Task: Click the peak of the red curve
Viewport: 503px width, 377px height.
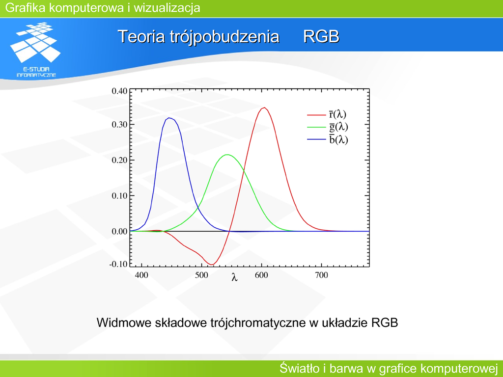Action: point(264,108)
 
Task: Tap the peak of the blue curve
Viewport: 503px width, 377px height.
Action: point(169,118)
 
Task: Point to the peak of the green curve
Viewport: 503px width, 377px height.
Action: point(227,155)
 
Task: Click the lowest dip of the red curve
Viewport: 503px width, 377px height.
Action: point(211,265)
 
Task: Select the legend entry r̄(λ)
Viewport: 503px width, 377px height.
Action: point(327,114)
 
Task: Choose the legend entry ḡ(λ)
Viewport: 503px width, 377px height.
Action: point(328,127)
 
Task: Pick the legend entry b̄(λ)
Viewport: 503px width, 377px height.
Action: point(328,139)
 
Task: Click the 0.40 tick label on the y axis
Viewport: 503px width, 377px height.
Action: point(119,91)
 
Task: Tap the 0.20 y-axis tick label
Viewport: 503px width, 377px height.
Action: point(119,160)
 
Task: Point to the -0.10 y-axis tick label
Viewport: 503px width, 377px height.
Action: point(118,264)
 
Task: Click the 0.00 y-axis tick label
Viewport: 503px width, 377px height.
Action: point(119,231)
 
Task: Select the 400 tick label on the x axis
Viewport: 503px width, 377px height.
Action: point(141,275)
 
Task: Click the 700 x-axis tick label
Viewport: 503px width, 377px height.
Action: point(321,275)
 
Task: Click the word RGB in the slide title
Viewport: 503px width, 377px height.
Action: point(321,36)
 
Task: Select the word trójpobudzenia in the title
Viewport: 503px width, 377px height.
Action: point(224,37)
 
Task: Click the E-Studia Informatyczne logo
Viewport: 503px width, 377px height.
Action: point(36,50)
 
